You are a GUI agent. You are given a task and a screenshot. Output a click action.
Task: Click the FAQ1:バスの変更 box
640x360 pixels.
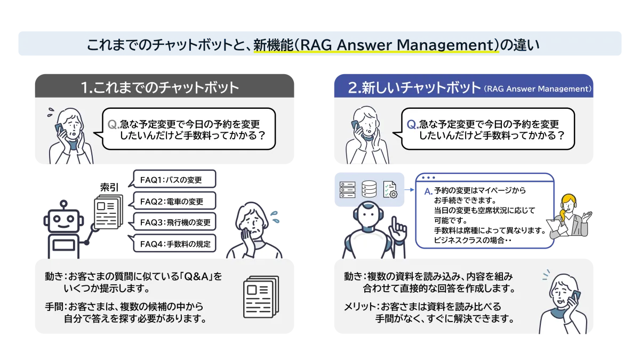174,179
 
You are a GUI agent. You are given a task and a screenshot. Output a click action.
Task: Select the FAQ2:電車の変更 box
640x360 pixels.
174,201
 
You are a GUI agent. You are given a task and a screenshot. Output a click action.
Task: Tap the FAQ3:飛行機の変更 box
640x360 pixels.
174,222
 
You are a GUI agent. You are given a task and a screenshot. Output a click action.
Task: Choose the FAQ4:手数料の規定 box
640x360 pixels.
174,243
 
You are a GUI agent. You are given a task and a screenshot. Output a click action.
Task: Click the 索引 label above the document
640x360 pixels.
109,187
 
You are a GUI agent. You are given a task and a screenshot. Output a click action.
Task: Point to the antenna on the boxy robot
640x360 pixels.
63,205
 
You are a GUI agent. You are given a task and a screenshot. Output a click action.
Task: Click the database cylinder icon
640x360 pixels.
369,189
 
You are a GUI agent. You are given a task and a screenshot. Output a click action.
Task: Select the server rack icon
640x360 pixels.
347,190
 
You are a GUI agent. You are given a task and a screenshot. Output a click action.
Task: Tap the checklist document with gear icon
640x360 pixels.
390,190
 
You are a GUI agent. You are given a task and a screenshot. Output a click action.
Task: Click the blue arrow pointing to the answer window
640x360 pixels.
410,189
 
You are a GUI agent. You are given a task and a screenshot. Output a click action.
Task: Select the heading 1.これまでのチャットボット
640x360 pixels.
160,87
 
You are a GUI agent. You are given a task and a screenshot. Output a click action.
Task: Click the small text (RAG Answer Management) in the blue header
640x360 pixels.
538,89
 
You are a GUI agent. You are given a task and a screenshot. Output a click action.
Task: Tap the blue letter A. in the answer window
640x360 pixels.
428,191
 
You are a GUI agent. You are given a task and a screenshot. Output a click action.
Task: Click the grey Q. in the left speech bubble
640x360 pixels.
114,125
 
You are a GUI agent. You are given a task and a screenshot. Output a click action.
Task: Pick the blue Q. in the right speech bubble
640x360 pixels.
413,125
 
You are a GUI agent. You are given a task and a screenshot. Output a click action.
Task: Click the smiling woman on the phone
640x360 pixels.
563,303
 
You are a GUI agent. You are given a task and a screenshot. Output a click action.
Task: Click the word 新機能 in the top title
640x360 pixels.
274,45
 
